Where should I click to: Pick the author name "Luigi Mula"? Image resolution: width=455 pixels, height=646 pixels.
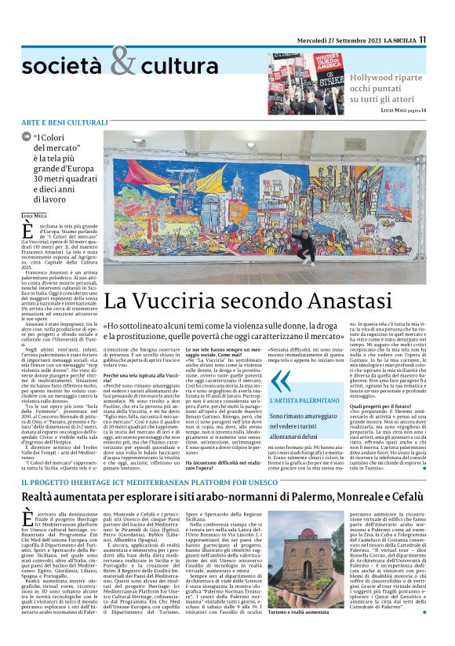click(x=35, y=214)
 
